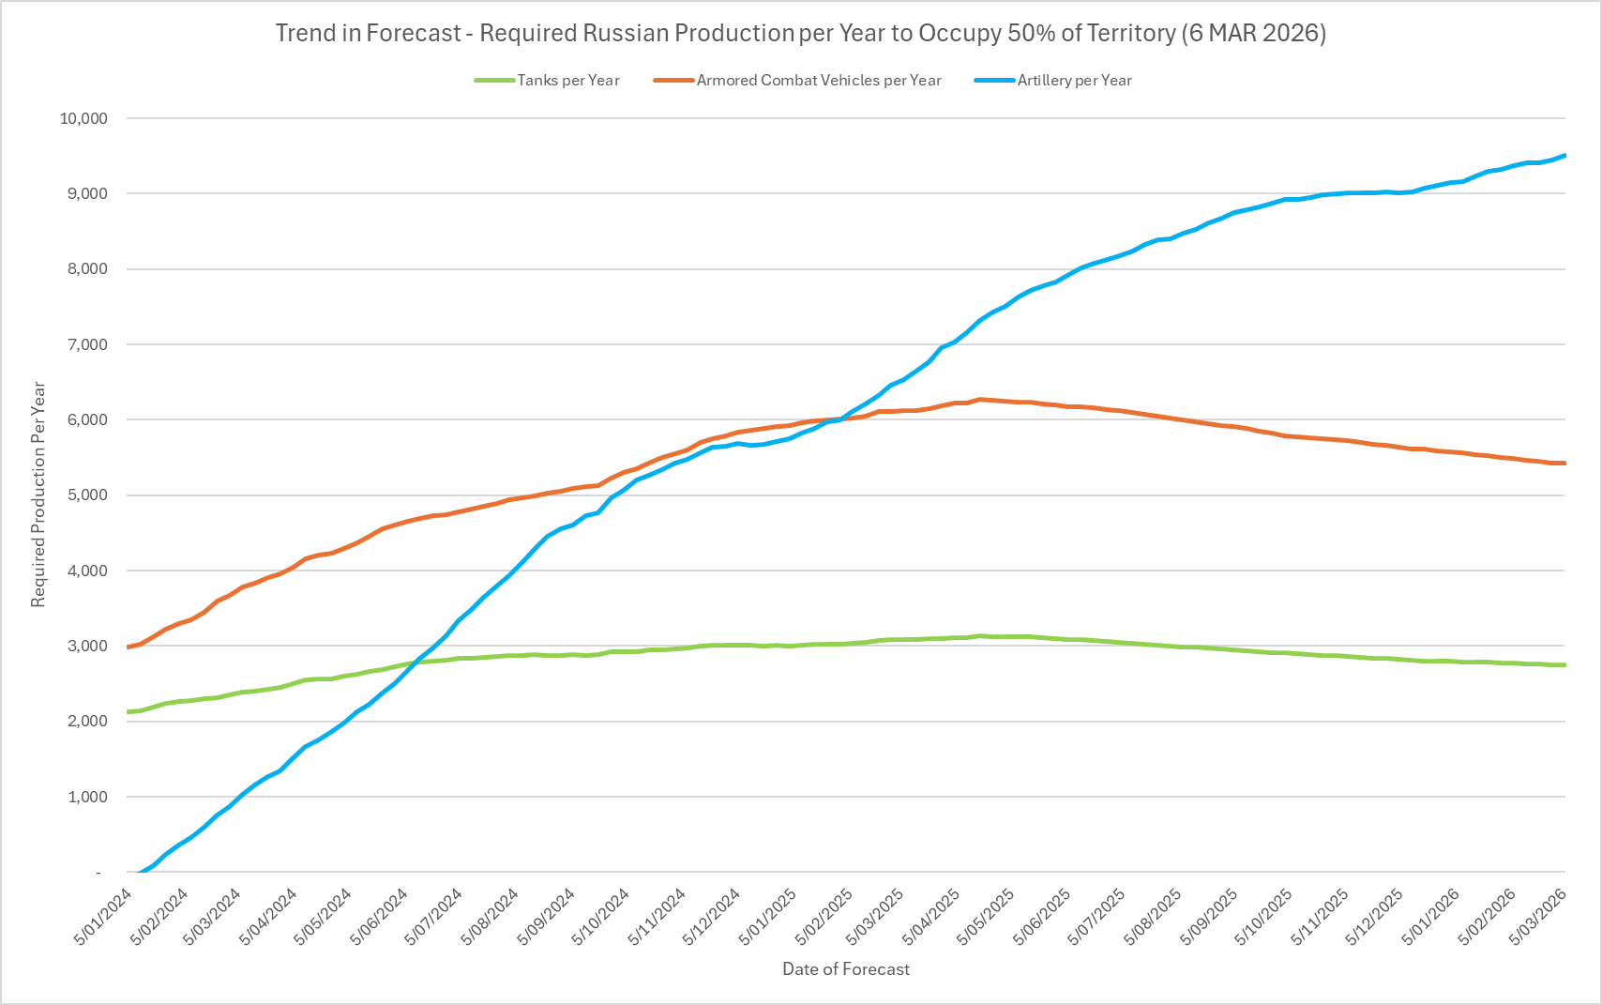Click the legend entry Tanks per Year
567,81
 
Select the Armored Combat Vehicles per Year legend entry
818,81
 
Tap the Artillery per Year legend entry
1074,81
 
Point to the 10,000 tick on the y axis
83,118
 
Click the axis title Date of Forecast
846,969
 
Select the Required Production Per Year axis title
38,495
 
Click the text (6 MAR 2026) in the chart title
1254,33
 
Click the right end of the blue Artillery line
1564,155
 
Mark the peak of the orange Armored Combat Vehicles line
980,399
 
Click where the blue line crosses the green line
416,662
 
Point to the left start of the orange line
128,647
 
